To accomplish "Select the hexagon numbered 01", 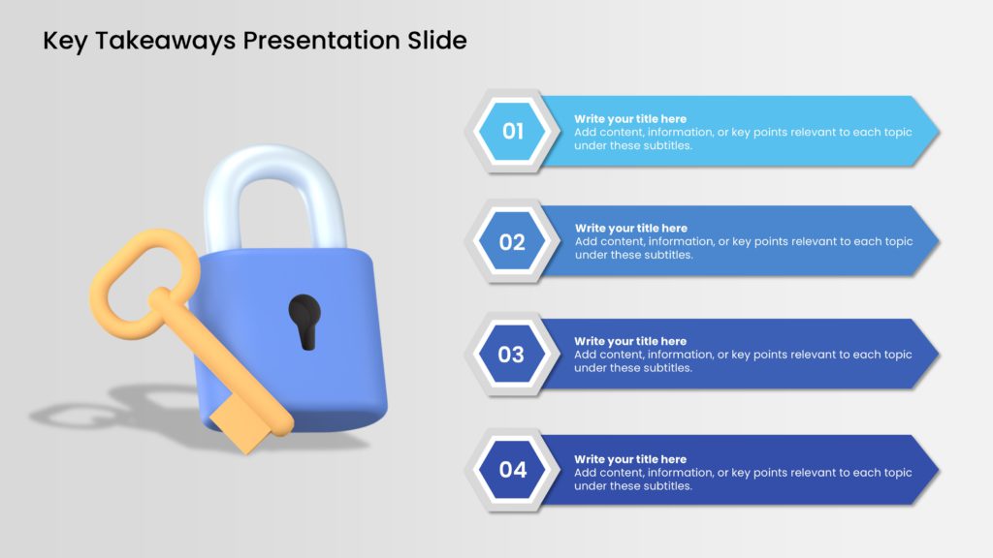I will pos(512,131).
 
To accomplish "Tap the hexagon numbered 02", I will pos(512,242).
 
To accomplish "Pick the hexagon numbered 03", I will pos(511,355).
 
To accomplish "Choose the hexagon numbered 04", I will pos(512,470).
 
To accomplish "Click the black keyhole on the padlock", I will pos(304,320).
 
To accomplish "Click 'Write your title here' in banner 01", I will pos(630,119).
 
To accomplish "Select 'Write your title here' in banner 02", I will pos(630,229).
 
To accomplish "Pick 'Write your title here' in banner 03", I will pos(630,341).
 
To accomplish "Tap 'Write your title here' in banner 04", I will pos(630,459).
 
